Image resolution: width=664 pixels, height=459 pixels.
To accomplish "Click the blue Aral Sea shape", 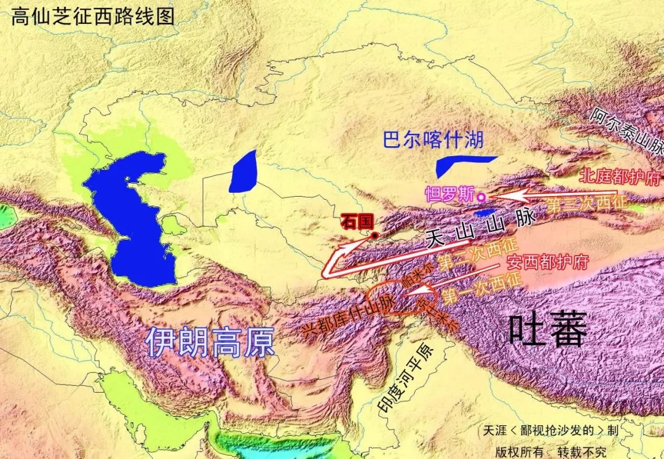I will click(244, 172).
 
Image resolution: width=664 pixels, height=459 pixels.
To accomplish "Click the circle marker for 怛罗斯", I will click(482, 197).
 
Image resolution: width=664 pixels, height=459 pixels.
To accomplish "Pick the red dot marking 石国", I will click(374, 235).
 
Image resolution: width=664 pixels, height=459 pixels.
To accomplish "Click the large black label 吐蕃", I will click(547, 332).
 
